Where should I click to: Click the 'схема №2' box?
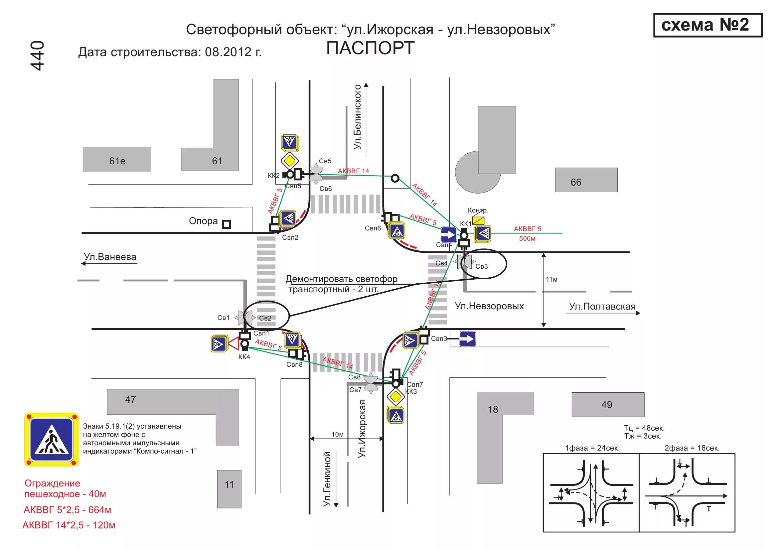point(707,25)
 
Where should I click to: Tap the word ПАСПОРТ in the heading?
point(370,48)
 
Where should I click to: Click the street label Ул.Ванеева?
point(110,257)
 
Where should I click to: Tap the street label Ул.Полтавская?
point(602,307)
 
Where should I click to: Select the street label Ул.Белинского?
point(358,117)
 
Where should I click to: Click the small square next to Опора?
point(227,224)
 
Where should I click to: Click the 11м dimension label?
point(551,279)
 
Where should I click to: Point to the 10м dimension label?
point(338,434)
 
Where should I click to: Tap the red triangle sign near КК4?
point(234,344)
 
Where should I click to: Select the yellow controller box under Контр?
point(478,220)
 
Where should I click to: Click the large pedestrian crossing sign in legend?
point(52,440)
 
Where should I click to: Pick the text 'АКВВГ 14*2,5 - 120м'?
point(69,525)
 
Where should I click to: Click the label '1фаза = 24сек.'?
point(592,448)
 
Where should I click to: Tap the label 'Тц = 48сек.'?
point(644,428)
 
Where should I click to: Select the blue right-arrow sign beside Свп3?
point(467,339)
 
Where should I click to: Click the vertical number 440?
point(38,56)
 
